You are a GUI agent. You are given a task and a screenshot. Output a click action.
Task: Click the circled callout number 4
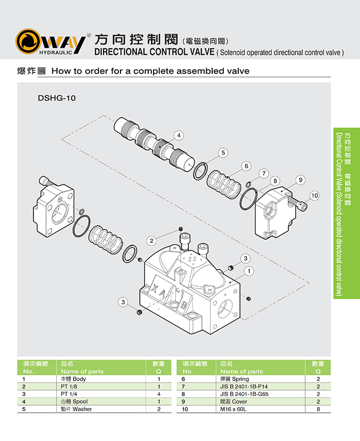(x=178, y=136)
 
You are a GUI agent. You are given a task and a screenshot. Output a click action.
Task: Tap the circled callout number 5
(x=223, y=153)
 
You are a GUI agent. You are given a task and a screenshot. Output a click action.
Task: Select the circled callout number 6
(x=246, y=166)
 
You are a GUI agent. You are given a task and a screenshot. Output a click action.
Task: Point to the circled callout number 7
(x=264, y=173)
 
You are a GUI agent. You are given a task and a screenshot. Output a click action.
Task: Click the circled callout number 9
(x=300, y=180)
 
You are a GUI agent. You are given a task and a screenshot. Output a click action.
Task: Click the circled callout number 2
(x=152, y=240)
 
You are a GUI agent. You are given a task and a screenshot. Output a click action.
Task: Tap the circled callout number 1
(x=249, y=271)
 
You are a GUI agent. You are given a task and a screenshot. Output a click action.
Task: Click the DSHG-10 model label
(x=57, y=97)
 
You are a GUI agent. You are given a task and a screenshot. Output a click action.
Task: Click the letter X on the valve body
(x=155, y=287)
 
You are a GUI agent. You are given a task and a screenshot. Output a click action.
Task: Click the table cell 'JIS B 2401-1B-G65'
(x=245, y=394)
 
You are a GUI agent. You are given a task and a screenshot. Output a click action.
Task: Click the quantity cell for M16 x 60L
(x=318, y=409)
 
